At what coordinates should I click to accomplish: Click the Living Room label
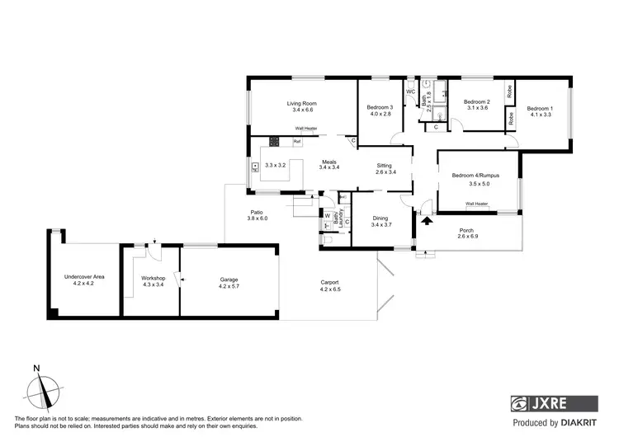click(301, 104)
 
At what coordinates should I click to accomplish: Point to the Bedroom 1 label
click(541, 109)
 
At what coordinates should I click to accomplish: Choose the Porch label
click(468, 231)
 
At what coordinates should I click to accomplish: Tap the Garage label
click(229, 280)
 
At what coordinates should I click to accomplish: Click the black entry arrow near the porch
click(427, 219)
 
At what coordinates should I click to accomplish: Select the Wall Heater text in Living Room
click(306, 128)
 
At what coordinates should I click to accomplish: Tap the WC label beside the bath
click(409, 92)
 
